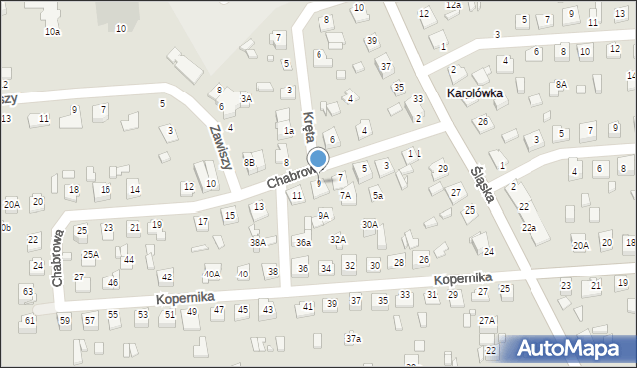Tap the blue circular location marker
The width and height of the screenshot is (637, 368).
(x=318, y=159)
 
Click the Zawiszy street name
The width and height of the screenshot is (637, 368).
(x=220, y=146)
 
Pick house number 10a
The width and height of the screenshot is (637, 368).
(x=52, y=32)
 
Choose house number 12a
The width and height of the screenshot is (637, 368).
(x=453, y=5)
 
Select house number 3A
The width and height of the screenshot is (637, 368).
(x=246, y=99)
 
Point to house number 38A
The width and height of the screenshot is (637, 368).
(x=258, y=242)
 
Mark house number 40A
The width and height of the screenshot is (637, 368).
(x=212, y=274)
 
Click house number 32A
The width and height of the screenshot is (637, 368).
(x=338, y=239)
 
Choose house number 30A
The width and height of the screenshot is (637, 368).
(x=369, y=225)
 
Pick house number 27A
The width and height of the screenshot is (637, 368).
(x=487, y=321)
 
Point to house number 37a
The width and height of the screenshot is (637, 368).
(x=353, y=339)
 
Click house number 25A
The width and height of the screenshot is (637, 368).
(x=90, y=255)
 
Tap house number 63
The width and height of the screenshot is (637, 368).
(x=27, y=291)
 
